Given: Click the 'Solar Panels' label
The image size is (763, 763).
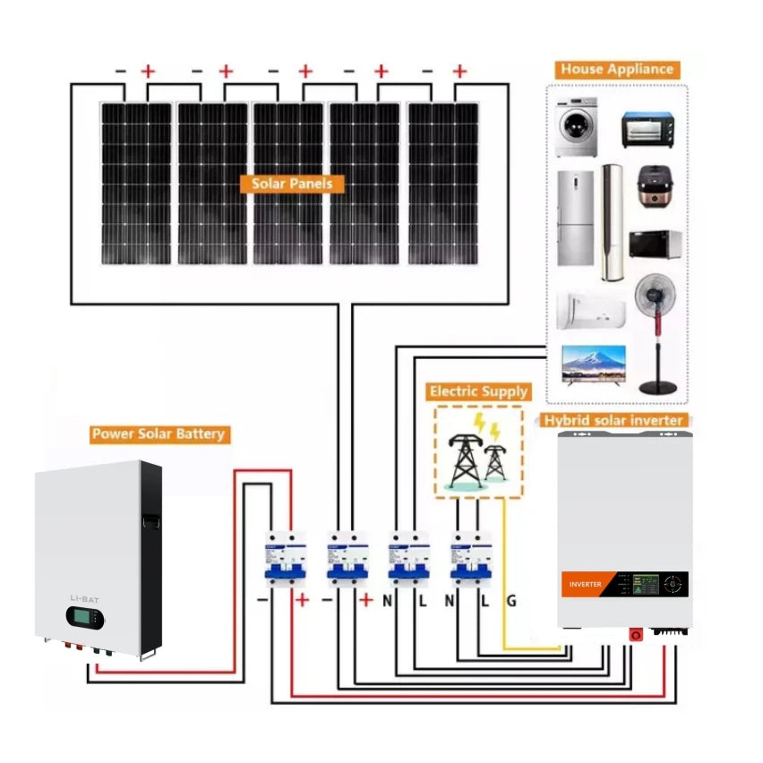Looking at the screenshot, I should pyautogui.click(x=292, y=184).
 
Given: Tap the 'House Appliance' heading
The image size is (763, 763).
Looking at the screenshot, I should pyautogui.click(x=616, y=69).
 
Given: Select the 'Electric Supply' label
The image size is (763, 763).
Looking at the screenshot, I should pyautogui.click(x=478, y=391).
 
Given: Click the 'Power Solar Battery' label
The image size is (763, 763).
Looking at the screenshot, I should pyautogui.click(x=159, y=434).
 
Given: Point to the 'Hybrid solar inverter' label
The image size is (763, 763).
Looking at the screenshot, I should pyautogui.click(x=614, y=420).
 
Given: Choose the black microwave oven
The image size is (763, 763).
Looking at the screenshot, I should pyautogui.click(x=656, y=244).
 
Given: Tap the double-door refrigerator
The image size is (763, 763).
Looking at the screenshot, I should pyautogui.click(x=575, y=218).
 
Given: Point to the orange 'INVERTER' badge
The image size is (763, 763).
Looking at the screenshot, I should pyautogui.click(x=581, y=584).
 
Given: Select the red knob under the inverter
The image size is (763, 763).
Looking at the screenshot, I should pyautogui.click(x=637, y=634).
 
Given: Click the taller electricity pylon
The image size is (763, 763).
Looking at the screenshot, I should pyautogui.click(x=464, y=452).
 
